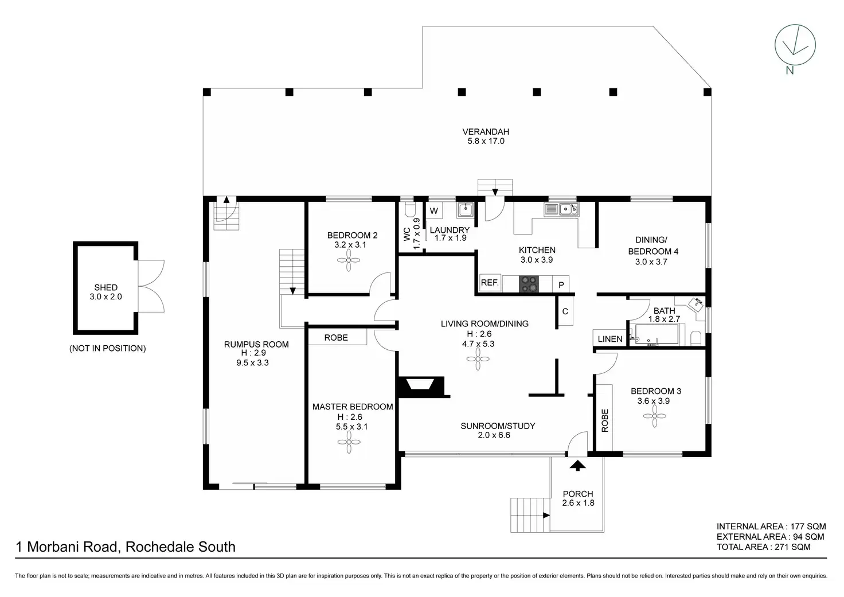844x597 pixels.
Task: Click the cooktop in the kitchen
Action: coord(529,283)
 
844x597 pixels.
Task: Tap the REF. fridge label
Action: coord(490,283)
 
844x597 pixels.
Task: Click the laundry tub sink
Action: coord(465,210)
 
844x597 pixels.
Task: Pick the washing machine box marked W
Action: coord(434,210)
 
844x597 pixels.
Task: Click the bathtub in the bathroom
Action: coord(654,335)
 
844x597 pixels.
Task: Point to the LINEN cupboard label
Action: coord(610,339)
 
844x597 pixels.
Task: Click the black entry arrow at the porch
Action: coord(578,465)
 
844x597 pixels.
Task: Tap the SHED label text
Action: coord(106,287)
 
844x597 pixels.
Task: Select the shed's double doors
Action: coord(151,286)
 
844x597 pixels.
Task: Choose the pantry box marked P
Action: coord(561,284)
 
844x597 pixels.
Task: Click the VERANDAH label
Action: coord(486,131)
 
